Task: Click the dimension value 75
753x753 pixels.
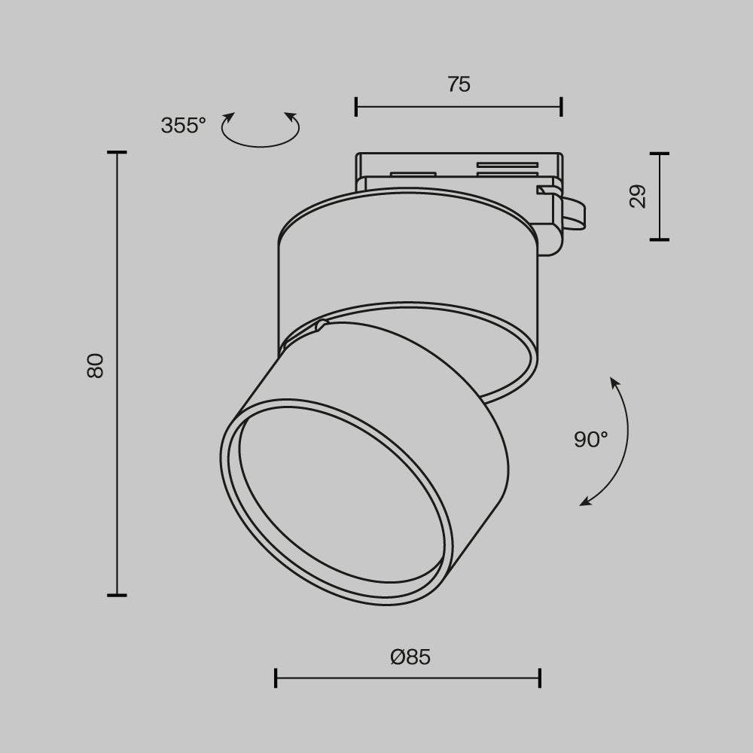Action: point(459,84)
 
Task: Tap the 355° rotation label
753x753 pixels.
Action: point(183,125)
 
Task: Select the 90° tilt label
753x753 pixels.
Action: point(590,440)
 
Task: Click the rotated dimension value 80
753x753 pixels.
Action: point(95,365)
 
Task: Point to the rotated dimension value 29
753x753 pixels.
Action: point(638,197)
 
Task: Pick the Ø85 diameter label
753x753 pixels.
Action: point(410,657)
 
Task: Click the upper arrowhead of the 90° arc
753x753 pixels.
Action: point(614,383)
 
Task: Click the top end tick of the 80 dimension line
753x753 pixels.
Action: point(117,153)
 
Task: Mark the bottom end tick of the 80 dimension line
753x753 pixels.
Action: point(117,595)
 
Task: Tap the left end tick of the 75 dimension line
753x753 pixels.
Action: point(356,106)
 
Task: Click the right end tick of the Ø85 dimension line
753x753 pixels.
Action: point(539,678)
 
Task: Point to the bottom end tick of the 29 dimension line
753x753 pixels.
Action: point(659,239)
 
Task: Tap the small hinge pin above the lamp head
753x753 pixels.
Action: point(322,325)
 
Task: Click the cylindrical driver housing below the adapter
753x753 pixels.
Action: point(407,264)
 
